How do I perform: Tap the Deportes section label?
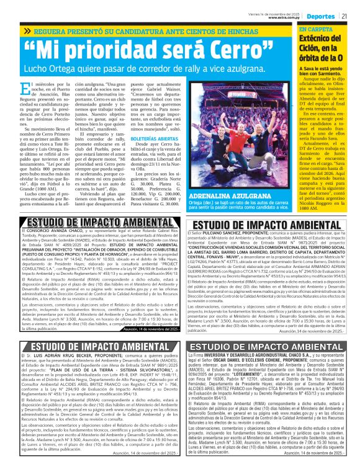click(321, 16)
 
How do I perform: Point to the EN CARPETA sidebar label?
click(316, 30)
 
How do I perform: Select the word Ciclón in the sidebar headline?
click(312, 49)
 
